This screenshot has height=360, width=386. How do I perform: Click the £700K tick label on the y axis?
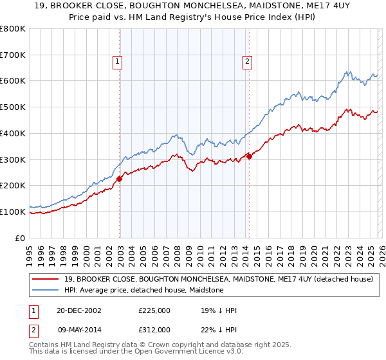click(x=13, y=55)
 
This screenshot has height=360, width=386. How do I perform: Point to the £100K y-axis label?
click(x=13, y=212)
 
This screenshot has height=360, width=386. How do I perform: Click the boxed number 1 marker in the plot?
click(x=118, y=62)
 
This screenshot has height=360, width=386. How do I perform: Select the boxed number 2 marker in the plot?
click(x=247, y=62)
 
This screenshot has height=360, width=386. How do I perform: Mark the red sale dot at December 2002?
click(x=120, y=179)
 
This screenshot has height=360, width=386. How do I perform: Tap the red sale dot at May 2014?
click(x=249, y=156)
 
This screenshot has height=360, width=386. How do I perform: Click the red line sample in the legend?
click(x=46, y=278)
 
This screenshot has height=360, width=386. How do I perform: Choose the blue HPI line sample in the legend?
click(x=46, y=290)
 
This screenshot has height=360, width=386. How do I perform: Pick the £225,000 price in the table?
click(x=154, y=310)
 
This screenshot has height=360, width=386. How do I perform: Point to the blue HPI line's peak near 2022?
click(x=347, y=71)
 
